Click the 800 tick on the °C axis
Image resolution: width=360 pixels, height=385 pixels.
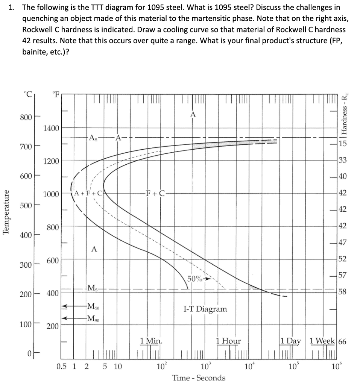[27, 117]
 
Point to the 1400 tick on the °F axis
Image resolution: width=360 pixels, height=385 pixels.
[51, 128]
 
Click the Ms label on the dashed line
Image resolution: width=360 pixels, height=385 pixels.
[93, 288]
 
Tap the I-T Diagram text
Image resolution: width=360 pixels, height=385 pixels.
[205, 309]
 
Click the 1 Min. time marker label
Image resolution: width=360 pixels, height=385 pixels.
[151, 341]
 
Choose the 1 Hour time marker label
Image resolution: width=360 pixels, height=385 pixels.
[228, 341]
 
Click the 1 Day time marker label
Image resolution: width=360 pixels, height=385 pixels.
[291, 341]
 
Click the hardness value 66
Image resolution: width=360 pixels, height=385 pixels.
[342, 341]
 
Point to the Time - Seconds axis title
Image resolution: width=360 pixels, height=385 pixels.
[199, 377]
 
